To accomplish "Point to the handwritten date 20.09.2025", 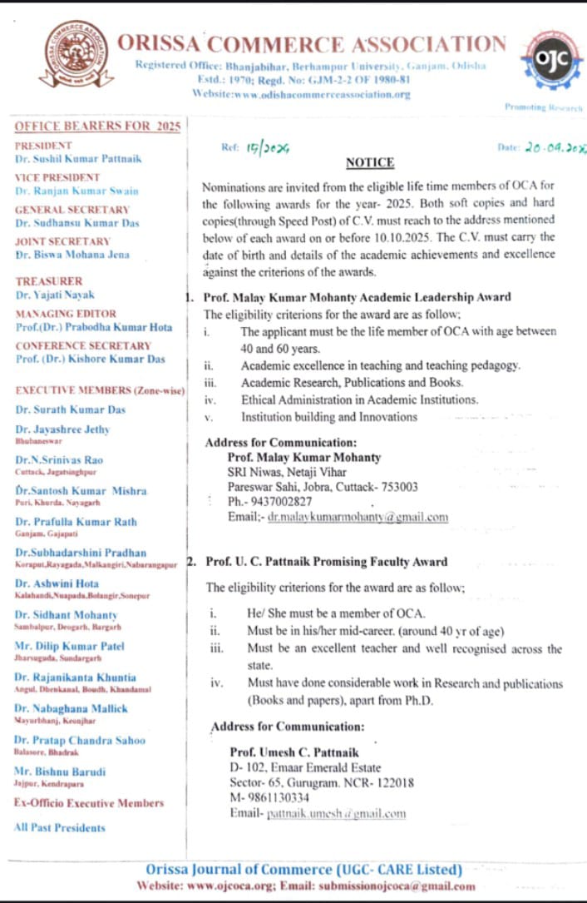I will (555, 146).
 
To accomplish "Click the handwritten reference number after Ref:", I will (266, 148).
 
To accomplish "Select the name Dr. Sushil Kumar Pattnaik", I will (76, 158).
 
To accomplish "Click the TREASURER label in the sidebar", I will (49, 281).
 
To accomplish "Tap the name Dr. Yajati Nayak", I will (56, 295).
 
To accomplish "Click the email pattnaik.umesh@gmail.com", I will (336, 813).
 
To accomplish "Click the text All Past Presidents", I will (60, 827).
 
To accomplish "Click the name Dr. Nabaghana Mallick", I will (72, 708).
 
